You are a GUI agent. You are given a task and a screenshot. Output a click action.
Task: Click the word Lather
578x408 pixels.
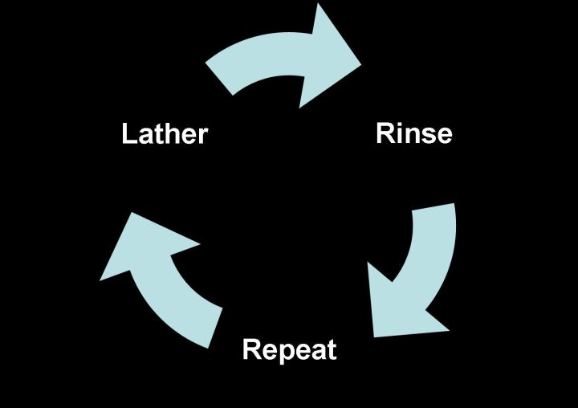click(165, 133)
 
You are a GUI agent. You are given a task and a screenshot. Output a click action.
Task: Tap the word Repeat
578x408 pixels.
click(289, 349)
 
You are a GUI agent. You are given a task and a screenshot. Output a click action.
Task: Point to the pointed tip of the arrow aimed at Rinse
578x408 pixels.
click(361, 63)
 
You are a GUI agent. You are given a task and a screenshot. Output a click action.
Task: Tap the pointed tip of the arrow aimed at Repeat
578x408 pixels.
click(374, 337)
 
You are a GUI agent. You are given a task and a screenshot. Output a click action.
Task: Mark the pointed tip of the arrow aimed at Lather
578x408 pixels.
click(132, 213)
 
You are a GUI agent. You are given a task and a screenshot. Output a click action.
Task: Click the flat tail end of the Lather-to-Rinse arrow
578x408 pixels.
click(218, 79)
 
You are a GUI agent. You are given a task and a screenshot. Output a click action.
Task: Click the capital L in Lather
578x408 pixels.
click(129, 133)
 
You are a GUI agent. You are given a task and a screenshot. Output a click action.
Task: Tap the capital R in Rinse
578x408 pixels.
click(385, 133)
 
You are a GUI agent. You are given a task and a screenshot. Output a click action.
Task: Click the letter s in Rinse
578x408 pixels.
click(427, 136)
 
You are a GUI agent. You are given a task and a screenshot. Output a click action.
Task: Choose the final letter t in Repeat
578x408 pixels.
click(332, 350)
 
